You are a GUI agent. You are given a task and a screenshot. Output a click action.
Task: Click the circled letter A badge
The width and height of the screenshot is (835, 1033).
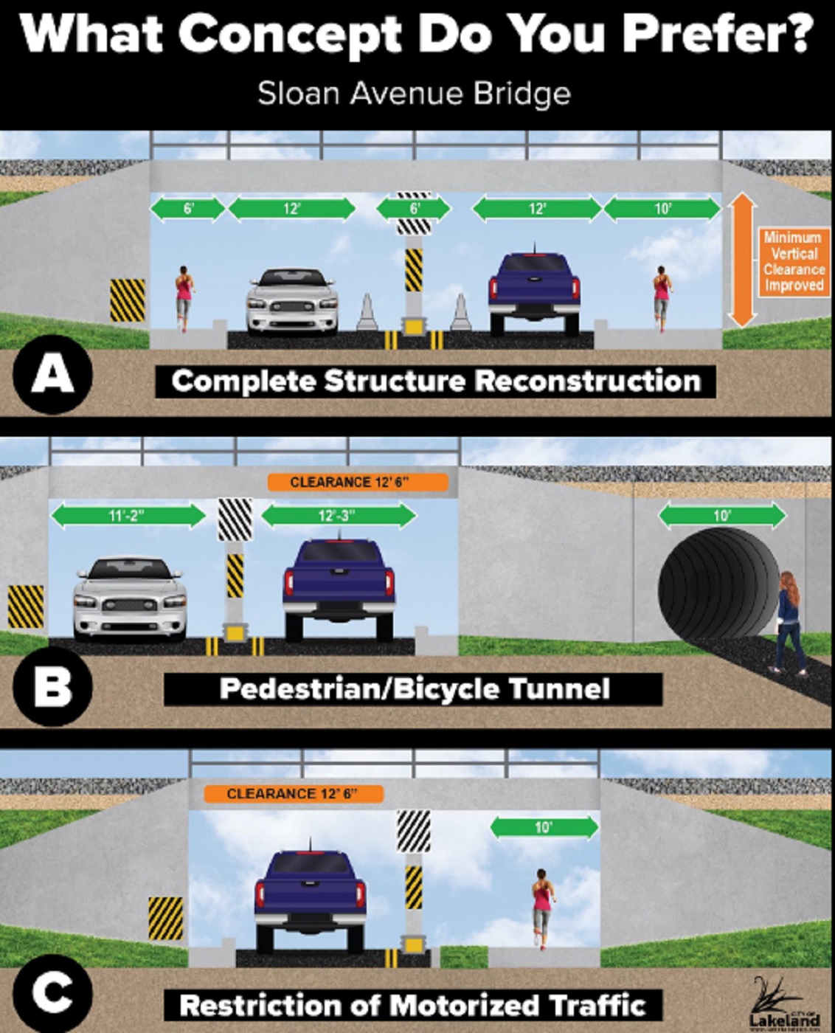(52, 374)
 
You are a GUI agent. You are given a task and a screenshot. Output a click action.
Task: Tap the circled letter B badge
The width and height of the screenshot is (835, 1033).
(52, 686)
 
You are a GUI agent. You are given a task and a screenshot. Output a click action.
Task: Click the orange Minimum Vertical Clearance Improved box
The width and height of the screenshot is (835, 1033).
(794, 262)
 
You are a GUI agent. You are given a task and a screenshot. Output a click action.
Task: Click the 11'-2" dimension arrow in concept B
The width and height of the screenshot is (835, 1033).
(128, 515)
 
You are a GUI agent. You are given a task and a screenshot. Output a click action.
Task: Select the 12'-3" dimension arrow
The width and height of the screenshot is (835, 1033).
(339, 515)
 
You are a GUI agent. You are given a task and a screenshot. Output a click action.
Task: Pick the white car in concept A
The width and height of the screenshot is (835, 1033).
(292, 300)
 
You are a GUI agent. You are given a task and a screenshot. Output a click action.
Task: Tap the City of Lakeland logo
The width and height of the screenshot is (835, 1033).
(783, 1006)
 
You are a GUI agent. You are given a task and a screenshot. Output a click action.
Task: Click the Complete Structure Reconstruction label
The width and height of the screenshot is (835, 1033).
(435, 381)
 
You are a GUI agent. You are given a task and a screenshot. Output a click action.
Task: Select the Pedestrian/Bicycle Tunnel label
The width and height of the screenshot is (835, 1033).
(414, 689)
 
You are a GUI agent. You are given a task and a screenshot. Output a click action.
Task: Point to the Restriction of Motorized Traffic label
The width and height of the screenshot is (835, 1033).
(412, 1005)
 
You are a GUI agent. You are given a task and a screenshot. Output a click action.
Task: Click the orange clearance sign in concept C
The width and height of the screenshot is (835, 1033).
(294, 794)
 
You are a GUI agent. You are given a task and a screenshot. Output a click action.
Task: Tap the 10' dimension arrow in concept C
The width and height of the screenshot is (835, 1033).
(544, 827)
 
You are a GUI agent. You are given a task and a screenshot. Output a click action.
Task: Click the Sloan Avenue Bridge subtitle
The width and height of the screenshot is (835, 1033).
(414, 94)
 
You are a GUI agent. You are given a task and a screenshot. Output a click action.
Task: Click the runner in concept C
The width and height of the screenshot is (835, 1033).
(543, 907)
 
